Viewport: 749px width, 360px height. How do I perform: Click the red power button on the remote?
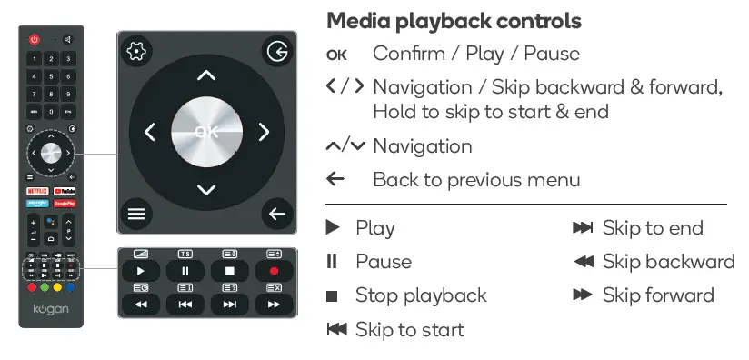click(x=35, y=40)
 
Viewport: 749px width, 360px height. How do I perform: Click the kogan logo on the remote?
click(x=50, y=310)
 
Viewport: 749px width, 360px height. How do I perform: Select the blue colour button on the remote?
click(x=73, y=288)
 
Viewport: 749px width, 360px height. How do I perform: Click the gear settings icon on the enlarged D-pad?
click(x=136, y=52)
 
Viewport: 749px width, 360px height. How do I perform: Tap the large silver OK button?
click(x=206, y=132)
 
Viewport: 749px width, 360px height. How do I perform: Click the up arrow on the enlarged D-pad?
click(x=206, y=76)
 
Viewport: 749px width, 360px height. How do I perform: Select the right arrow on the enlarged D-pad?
click(x=264, y=133)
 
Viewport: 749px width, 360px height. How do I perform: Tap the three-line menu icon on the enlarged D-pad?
click(x=136, y=215)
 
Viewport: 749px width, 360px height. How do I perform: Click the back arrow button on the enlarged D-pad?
click(x=275, y=215)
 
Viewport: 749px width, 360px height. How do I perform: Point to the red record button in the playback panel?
click(x=274, y=271)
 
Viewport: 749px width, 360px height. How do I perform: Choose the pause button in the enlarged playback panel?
click(x=185, y=271)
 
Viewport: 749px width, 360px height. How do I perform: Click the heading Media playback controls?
click(x=454, y=20)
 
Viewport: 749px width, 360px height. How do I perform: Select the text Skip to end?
click(x=653, y=227)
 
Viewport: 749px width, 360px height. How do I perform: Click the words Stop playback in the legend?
click(x=421, y=295)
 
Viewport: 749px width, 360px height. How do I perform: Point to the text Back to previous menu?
click(x=476, y=179)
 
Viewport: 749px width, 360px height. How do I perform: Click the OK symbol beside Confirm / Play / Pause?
click(x=336, y=55)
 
